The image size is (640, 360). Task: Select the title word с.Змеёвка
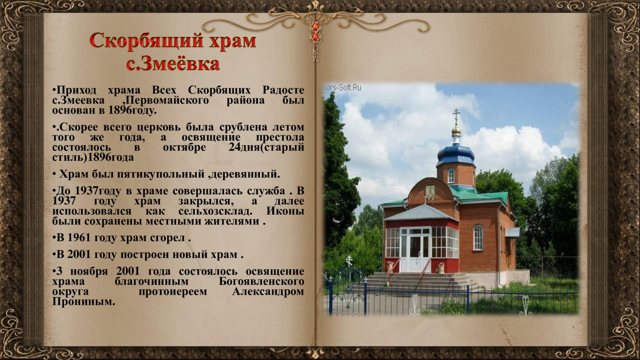[173, 64]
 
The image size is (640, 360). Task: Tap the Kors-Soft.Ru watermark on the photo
[342, 88]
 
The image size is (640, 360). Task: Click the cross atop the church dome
[456, 116]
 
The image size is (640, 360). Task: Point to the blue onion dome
[456, 154]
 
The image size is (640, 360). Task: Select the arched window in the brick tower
[451, 176]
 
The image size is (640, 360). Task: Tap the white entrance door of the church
[415, 250]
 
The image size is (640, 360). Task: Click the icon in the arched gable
[430, 192]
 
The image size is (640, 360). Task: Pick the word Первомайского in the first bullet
[167, 100]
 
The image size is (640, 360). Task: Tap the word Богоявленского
[262, 282]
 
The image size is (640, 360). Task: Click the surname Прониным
[84, 302]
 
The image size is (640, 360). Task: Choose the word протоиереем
[172, 292]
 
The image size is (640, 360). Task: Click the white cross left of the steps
[349, 261]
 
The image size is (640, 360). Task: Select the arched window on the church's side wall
[478, 238]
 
